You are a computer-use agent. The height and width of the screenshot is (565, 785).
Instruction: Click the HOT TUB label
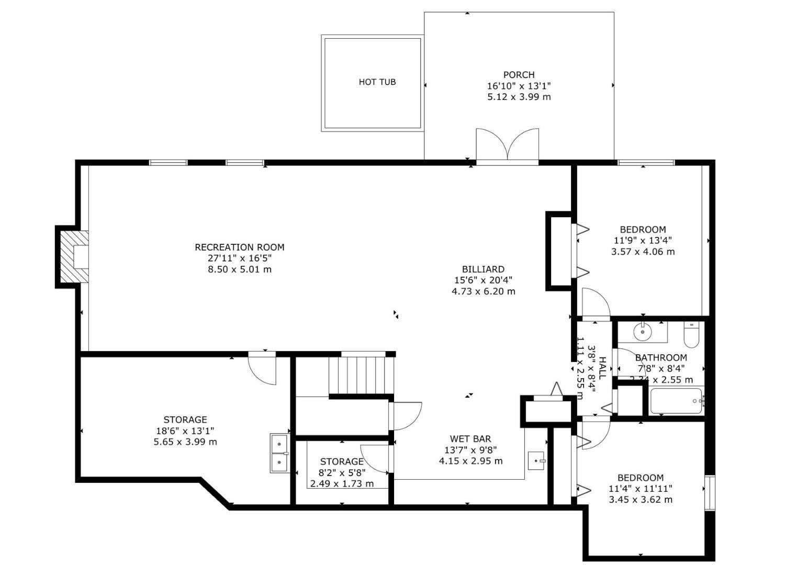coord(377,82)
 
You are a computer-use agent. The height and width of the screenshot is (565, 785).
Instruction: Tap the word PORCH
coord(519,75)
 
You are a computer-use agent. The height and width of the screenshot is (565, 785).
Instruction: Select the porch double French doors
coord(507,145)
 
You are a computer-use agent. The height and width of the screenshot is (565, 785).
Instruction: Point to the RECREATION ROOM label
coord(239,247)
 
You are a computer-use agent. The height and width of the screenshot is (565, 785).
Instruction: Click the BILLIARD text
coord(483,269)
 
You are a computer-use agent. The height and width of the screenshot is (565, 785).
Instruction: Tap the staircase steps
coord(361,374)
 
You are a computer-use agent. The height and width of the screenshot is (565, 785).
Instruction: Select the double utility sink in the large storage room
coord(279,453)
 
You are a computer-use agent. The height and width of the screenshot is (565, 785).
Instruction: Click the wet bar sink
coord(537,461)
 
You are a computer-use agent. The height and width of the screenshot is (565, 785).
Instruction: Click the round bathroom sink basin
coord(642,331)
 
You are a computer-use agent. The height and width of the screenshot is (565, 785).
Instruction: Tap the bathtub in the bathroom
coord(676,401)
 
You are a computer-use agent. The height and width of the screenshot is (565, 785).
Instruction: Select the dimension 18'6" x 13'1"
coord(185,431)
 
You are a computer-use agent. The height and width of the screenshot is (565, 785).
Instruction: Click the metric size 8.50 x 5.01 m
coord(239,269)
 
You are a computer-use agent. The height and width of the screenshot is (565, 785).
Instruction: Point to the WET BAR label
coord(470,438)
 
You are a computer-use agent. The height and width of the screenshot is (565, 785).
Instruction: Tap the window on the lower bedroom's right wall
coord(710,492)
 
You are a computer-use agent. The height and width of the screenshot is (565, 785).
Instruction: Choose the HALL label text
coord(602,368)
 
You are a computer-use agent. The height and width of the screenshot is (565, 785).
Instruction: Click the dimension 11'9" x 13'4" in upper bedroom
coord(643,240)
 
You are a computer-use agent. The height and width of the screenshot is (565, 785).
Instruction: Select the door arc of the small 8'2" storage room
coord(376,457)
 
